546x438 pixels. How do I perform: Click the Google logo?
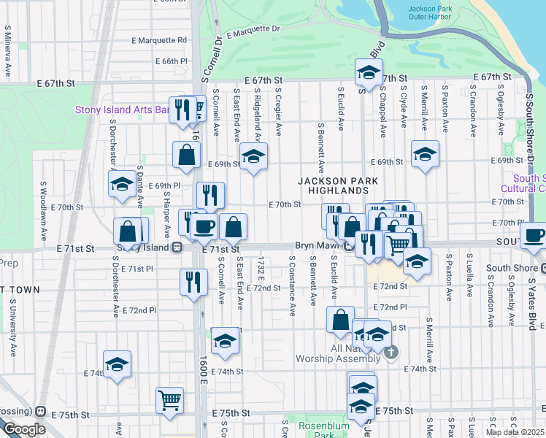coord(24,429)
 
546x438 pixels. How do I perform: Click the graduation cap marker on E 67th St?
coord(369,74)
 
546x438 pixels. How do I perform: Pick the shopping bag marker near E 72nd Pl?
coord(341,320)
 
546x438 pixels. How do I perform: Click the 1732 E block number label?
coord(261,266)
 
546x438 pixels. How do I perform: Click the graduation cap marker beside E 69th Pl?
coord(121,186)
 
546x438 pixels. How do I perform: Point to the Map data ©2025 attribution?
coord(515,432)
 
